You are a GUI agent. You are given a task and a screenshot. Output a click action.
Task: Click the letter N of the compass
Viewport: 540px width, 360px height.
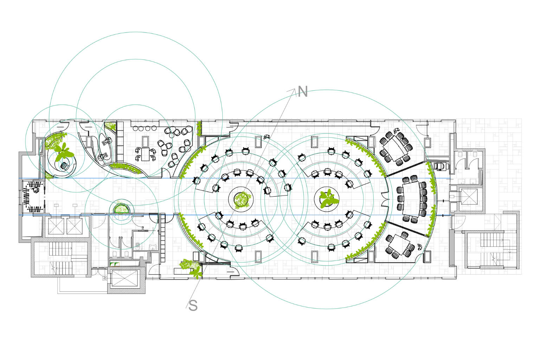tap(303, 92)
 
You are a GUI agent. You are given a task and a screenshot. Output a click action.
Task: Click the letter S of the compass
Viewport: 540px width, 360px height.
tap(193, 306)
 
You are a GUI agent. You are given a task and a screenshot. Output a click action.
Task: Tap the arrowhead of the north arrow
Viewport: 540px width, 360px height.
tap(292, 91)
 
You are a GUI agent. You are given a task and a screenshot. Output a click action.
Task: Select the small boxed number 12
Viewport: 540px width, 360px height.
tap(104, 278)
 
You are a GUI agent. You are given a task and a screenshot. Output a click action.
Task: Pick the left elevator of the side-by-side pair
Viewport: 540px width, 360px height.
tap(56, 226)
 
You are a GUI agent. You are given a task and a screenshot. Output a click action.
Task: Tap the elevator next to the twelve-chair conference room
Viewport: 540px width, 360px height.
tap(469, 197)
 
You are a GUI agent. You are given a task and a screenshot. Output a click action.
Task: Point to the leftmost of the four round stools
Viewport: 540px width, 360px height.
tap(135, 129)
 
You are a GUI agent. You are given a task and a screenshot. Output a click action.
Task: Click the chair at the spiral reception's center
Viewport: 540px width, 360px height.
tap(64, 166)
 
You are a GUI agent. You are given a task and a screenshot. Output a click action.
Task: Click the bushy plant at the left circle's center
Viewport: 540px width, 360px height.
tap(242, 200)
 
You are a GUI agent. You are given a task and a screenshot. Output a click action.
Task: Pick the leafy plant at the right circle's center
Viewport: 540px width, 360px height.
tap(328, 199)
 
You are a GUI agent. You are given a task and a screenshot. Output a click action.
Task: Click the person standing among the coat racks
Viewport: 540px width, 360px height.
tap(36, 190)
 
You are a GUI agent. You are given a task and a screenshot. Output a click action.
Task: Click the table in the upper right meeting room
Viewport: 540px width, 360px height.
tap(396, 148)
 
